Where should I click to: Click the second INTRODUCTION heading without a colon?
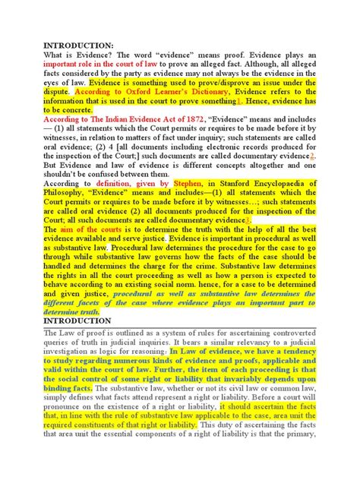(x=77, y=321)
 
